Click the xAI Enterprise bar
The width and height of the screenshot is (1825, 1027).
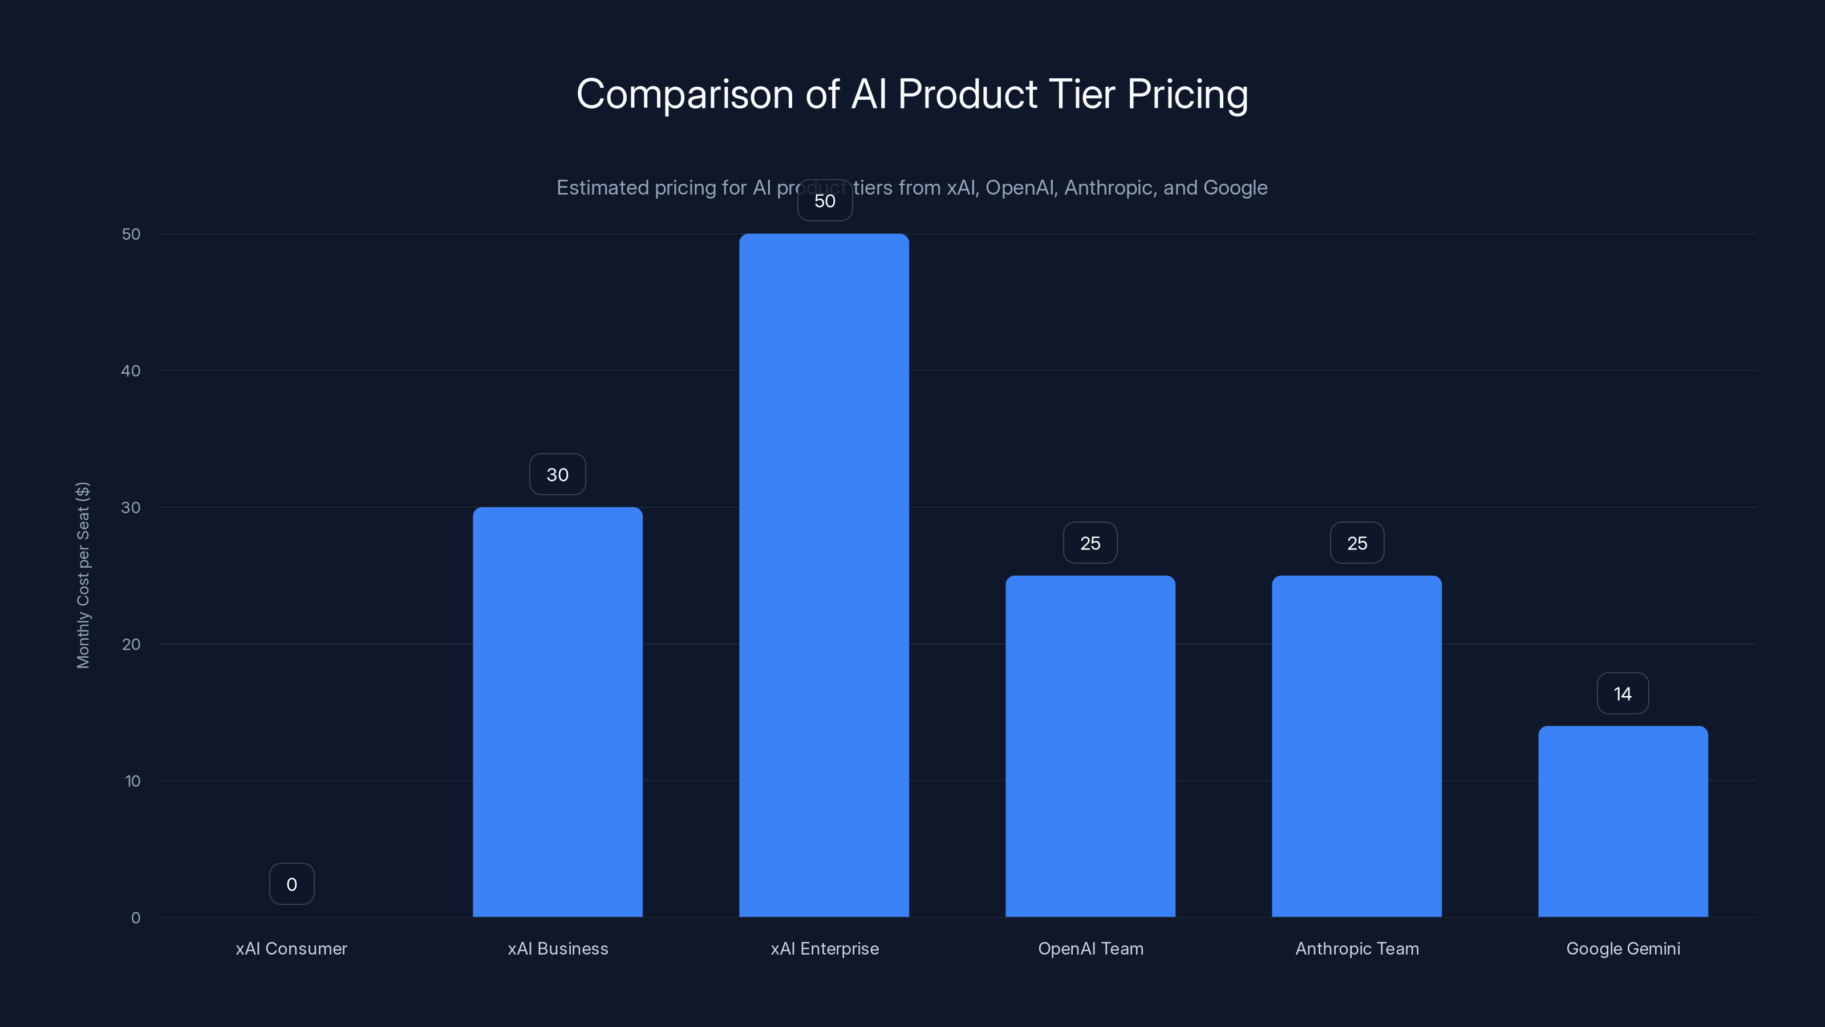coord(824,575)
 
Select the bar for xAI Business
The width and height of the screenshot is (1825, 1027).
coord(558,711)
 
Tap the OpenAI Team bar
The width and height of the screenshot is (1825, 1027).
coord(1090,746)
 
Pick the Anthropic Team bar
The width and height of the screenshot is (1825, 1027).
coord(1357,746)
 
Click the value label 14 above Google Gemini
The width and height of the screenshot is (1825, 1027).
coord(1623,693)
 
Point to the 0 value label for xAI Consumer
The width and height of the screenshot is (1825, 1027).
coord(291,884)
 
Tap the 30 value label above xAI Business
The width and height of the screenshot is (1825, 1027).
coord(558,474)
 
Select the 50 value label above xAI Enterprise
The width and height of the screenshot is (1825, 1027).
coord(825,201)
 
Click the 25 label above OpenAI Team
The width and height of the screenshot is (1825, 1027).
coord(1090,543)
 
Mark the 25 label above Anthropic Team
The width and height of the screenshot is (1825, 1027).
coord(1357,543)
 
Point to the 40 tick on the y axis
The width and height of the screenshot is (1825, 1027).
coord(131,371)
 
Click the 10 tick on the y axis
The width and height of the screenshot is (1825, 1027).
coord(132,781)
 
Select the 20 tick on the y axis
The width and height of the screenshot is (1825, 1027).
coord(131,644)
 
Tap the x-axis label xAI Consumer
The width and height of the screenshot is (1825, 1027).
coord(291,948)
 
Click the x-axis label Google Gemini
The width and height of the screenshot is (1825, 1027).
coord(1623,948)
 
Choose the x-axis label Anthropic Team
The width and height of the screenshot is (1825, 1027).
coord(1357,948)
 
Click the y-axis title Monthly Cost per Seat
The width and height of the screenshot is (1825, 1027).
coord(83,575)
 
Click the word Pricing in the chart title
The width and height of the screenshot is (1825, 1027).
coord(1187,94)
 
